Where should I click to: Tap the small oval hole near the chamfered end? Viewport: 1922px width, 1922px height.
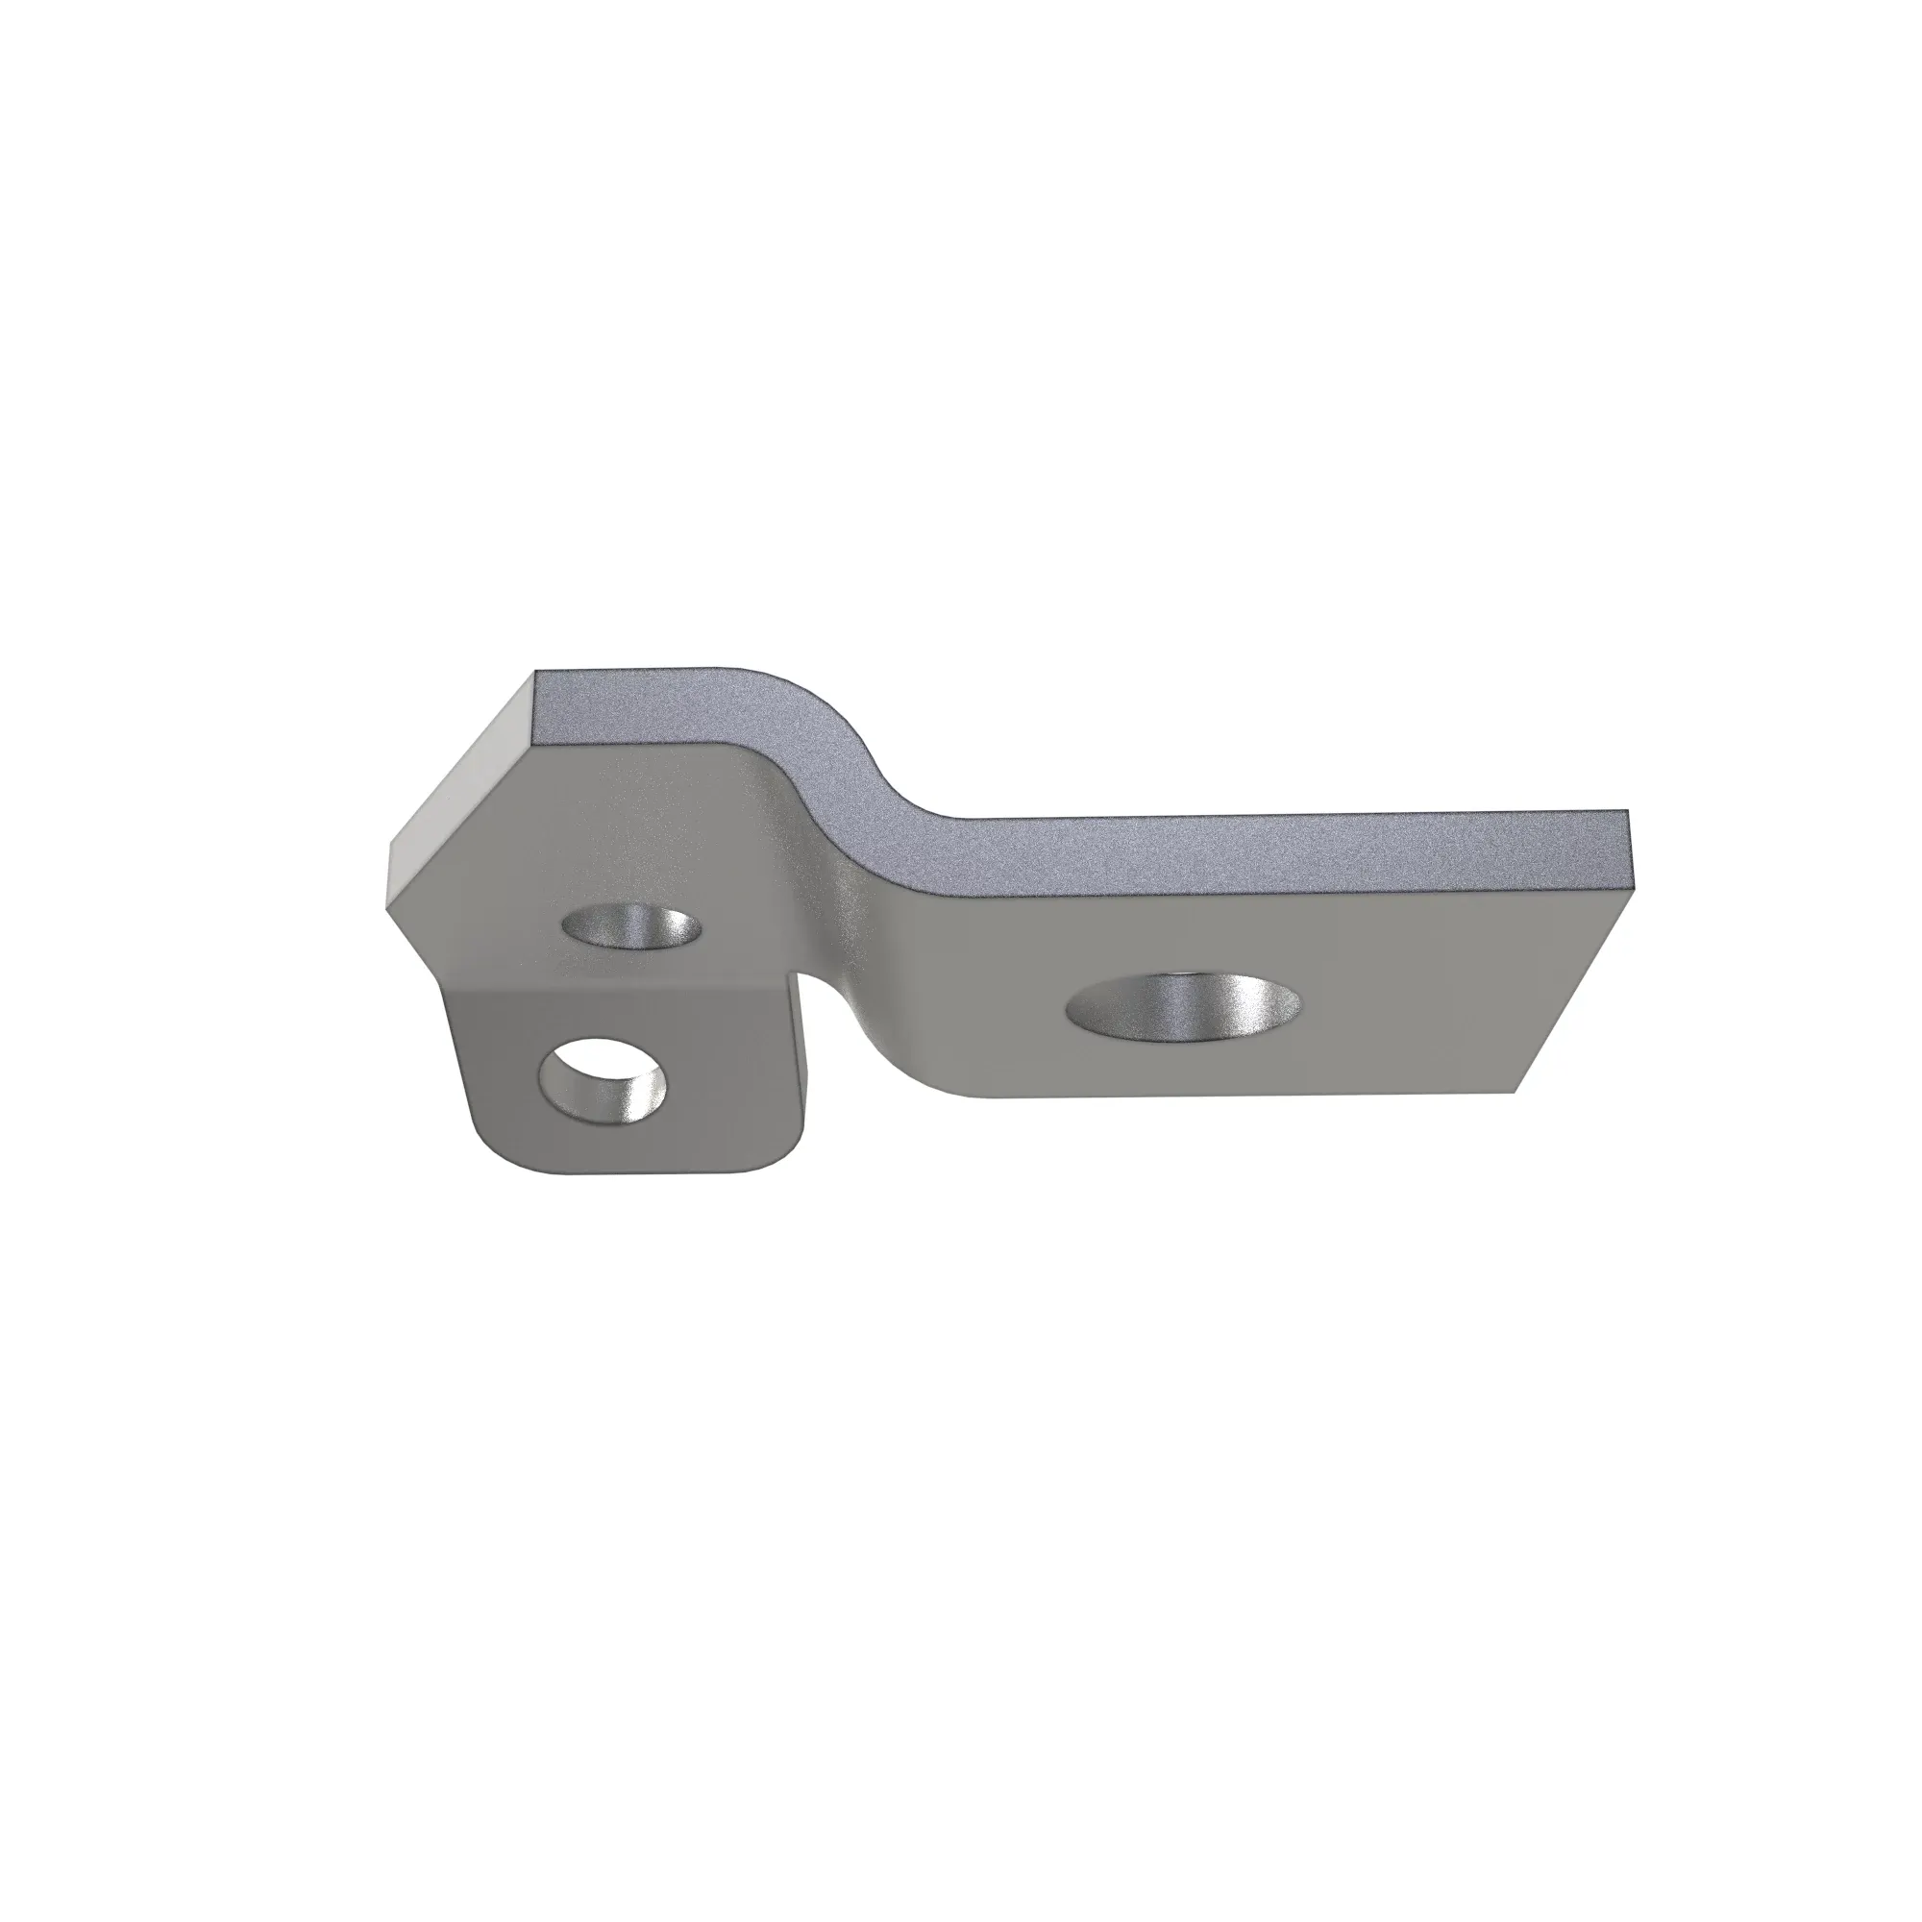click(x=631, y=927)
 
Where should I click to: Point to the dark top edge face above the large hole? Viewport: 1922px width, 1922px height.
click(x=1194, y=850)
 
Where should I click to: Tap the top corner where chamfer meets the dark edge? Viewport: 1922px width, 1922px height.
click(x=535, y=675)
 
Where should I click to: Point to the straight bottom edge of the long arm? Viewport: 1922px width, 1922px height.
click(x=1244, y=1096)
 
